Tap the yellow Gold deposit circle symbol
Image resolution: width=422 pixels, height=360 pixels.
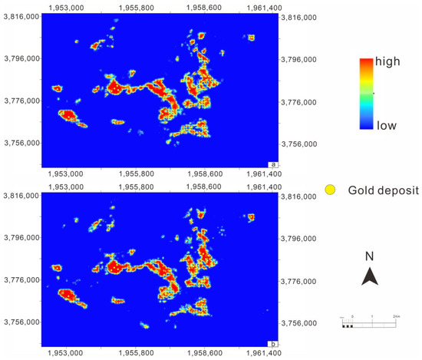(331, 189)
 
